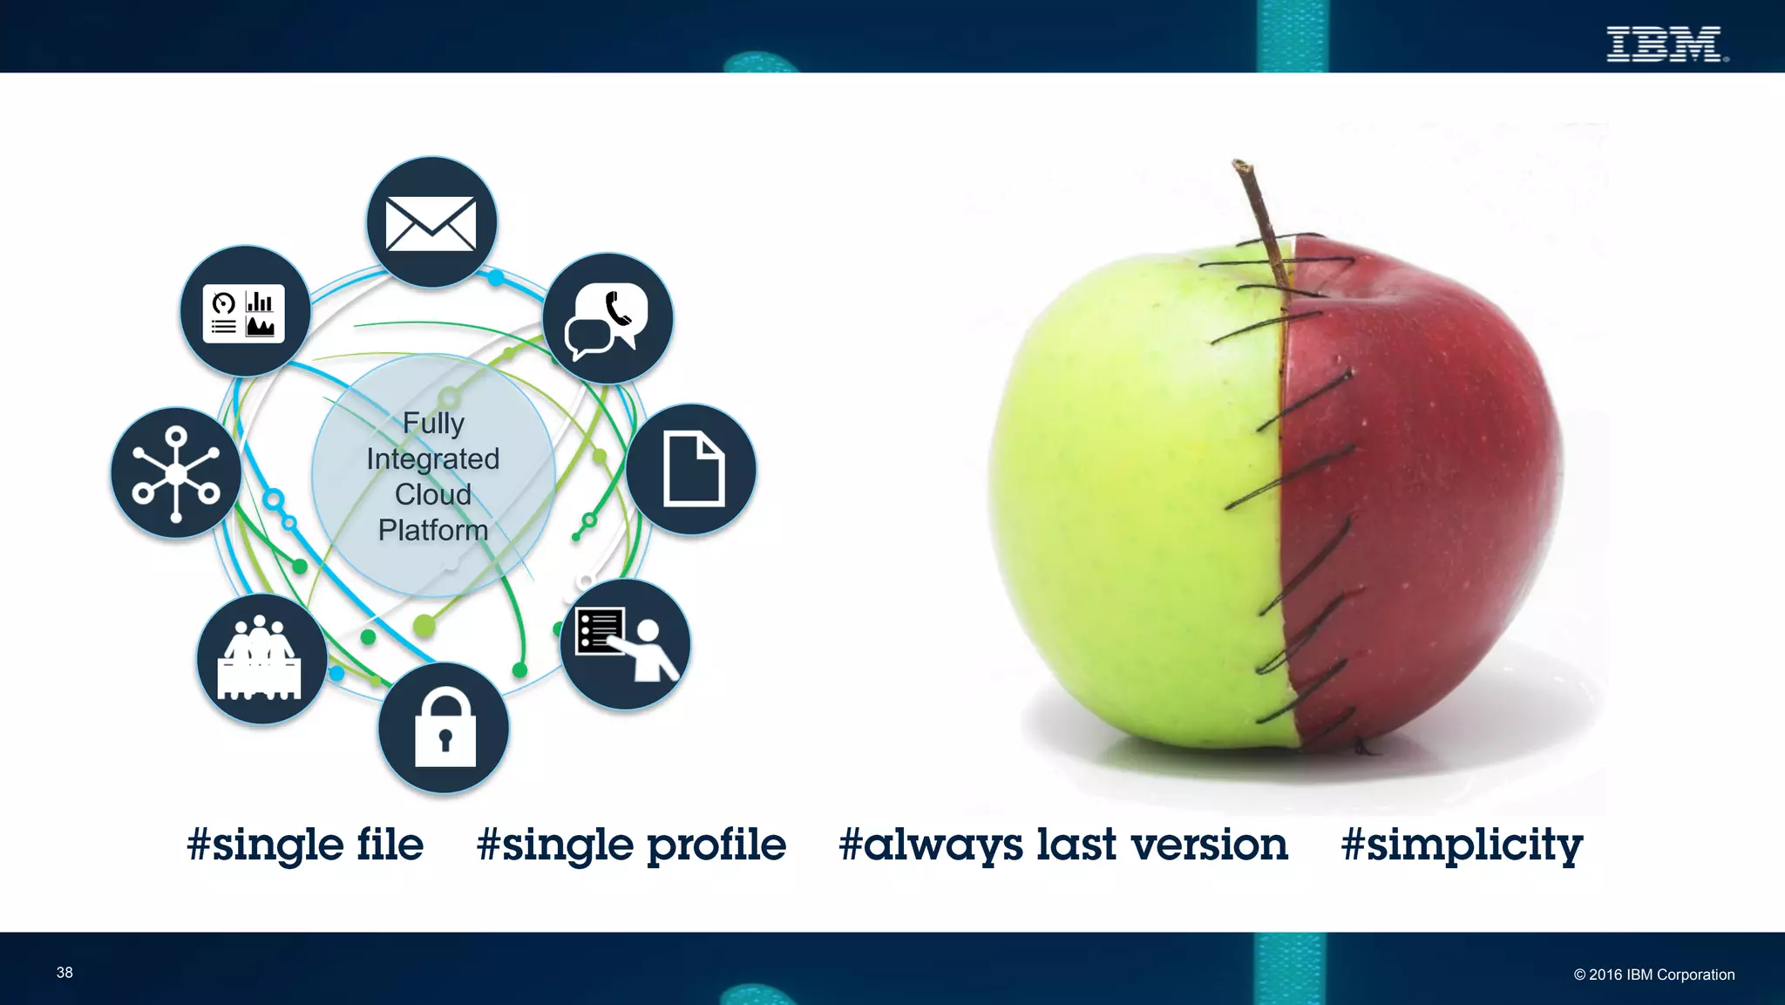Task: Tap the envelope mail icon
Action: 431,223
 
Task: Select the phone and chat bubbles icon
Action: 608,319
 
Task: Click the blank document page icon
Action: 692,469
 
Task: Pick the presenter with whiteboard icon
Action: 625,644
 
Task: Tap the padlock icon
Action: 445,728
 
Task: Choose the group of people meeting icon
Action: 261,660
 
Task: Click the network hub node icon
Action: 176,473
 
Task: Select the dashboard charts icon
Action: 245,312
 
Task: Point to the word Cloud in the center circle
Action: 433,494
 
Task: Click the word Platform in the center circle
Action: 433,530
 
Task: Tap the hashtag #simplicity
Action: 1462,845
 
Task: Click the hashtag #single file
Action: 305,845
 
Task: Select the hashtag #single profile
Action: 631,845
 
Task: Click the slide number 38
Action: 64,973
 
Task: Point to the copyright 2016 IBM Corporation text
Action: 1653,974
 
